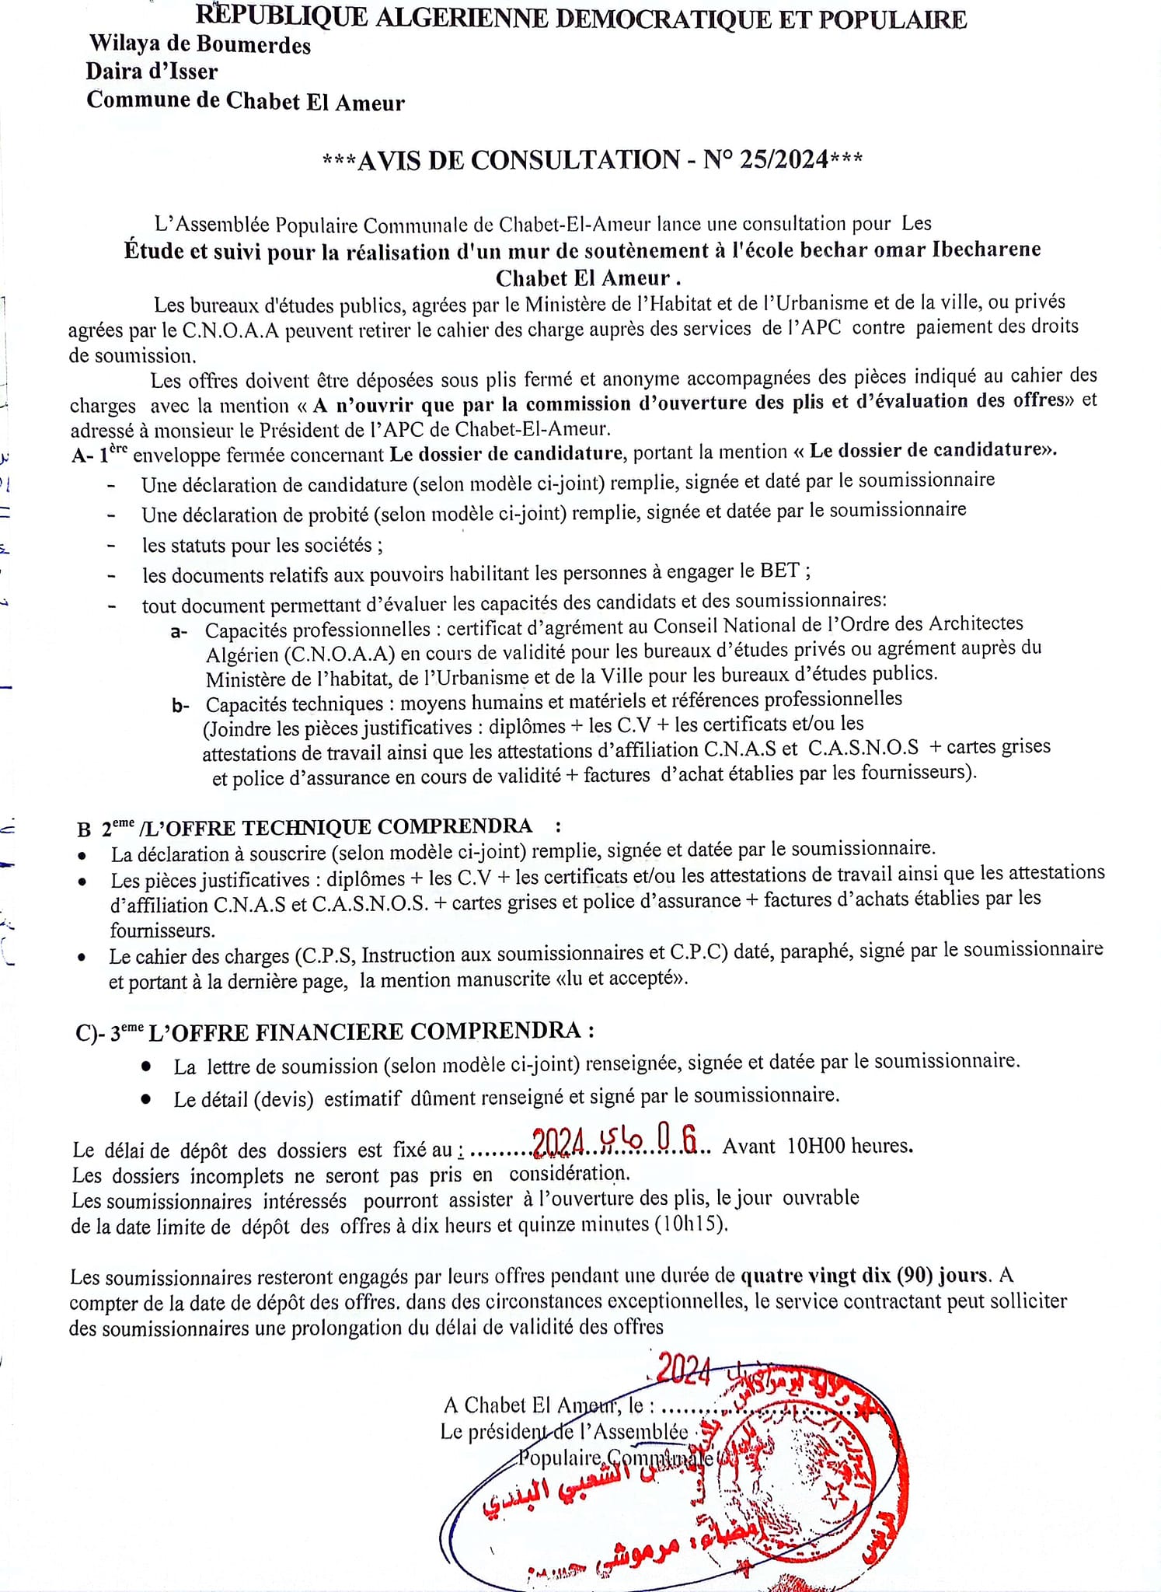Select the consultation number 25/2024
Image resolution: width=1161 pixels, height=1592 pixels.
tap(784, 159)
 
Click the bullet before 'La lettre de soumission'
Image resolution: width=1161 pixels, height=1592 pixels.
tap(146, 1066)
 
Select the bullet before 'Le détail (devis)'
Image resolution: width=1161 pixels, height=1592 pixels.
tap(146, 1099)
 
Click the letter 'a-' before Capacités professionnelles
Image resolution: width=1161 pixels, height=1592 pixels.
tap(179, 630)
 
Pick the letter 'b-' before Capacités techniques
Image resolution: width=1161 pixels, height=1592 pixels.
tap(180, 705)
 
